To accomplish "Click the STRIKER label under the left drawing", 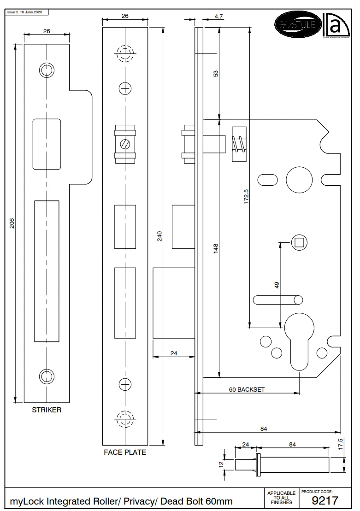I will tap(46, 410).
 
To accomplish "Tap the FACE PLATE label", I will tap(124, 452).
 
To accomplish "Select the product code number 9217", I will tap(325, 500).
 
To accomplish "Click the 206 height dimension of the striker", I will tap(12, 224).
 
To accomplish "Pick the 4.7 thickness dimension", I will tap(219, 17).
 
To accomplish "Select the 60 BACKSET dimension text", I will tap(247, 389).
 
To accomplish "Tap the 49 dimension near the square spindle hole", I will tap(277, 285).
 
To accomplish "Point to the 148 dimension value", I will tap(215, 248).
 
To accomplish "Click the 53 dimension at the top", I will tap(215, 74).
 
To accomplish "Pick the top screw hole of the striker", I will tap(46, 70).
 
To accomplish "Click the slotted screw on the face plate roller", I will tap(124, 143).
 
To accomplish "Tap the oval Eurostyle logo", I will tap(296, 24).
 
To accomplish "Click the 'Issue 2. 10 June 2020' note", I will tap(24, 12).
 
